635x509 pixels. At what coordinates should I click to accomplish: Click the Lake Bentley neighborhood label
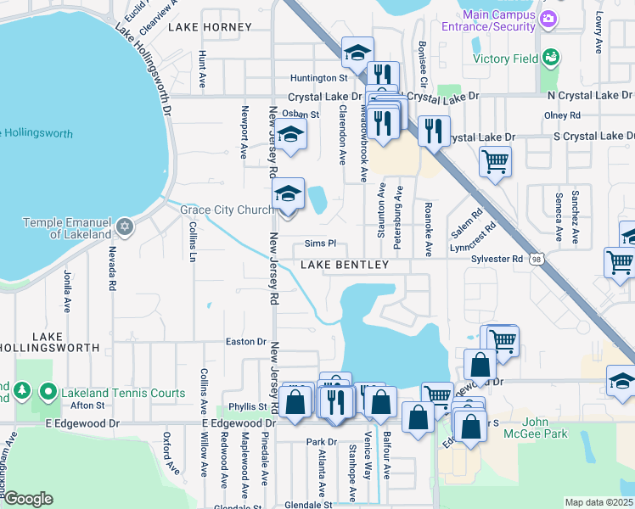pos(345,266)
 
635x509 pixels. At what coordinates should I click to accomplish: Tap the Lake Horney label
pos(210,27)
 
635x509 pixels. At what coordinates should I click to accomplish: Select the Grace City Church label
pos(226,210)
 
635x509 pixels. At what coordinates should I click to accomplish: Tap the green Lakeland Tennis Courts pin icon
pos(48,393)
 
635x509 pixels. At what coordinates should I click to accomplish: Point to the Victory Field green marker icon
pos(551,58)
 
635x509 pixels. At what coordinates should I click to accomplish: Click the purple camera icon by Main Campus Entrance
pos(548,19)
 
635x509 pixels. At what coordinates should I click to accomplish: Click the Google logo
pos(27,499)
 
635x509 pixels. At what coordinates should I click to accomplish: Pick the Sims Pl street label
pos(321,243)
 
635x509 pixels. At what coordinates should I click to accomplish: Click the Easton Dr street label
pos(245,341)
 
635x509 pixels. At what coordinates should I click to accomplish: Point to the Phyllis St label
pos(247,407)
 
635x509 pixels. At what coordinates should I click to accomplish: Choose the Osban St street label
pos(300,114)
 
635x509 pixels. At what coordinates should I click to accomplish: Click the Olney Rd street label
pos(562,115)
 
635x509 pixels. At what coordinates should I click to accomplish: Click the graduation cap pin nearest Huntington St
pos(357,52)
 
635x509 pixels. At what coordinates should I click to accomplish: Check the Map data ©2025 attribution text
pos(598,502)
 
